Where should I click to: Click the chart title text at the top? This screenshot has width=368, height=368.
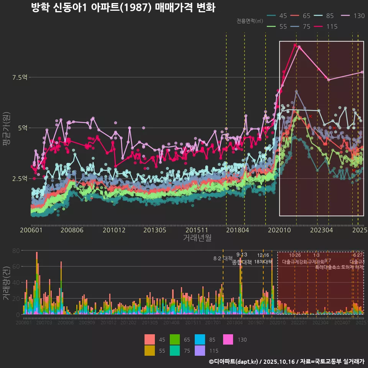123,8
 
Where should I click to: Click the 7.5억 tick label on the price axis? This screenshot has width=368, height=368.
20,77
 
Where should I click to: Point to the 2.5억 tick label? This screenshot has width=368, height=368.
20,179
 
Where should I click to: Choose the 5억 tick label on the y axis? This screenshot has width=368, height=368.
23,128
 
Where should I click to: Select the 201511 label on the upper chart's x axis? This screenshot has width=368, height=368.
196,230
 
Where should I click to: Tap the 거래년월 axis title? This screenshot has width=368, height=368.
197,238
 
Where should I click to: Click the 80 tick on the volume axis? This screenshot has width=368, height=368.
16,251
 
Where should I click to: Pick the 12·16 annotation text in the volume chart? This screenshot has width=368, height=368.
263,255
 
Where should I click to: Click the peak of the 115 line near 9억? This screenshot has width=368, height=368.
295,45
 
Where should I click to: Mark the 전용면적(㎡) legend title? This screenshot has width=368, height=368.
249,21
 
